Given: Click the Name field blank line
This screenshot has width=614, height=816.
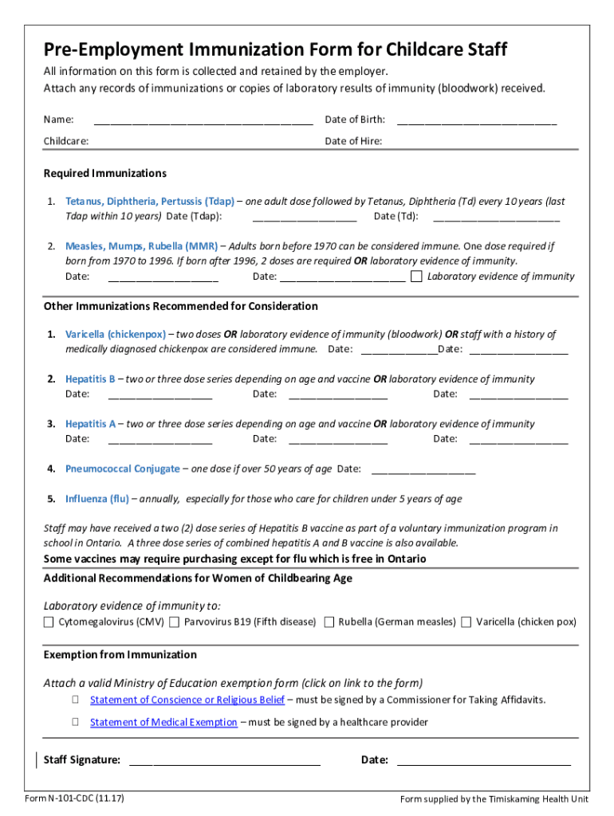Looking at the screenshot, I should point(203,121).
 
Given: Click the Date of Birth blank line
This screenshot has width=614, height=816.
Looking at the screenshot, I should point(476,121).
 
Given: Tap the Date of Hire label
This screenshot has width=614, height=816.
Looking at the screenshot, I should point(353,141).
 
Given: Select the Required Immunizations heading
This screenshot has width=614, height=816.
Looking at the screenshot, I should point(104,173).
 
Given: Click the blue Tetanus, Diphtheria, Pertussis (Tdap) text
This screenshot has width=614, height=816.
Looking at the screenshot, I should point(150,202).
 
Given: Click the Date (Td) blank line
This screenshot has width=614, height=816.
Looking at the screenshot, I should point(496,218).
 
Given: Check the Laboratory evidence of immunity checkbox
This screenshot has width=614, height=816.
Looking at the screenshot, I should point(416,277).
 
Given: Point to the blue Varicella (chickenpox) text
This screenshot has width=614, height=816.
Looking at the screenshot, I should point(116,335).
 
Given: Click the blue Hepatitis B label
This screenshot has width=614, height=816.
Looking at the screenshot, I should point(90,379).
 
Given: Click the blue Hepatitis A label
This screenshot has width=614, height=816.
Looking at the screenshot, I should point(90,424).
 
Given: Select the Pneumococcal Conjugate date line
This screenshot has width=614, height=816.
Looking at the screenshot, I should point(423,470).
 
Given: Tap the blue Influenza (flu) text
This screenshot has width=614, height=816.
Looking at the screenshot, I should point(96,499).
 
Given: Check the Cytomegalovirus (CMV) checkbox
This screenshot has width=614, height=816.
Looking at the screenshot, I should point(49,622).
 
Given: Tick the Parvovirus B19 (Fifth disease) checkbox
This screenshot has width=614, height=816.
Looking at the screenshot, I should point(174,622).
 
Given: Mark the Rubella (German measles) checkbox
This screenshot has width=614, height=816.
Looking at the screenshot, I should point(329,622).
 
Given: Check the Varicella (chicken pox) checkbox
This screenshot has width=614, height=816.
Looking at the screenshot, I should point(466,622).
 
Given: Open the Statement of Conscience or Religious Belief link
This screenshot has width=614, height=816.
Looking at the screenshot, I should point(187,700).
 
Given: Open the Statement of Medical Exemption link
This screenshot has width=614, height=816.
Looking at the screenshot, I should point(163,722).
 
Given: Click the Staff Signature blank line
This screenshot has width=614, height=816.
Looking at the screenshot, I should point(224,761).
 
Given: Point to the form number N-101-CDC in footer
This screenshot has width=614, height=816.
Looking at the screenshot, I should point(74,798).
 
